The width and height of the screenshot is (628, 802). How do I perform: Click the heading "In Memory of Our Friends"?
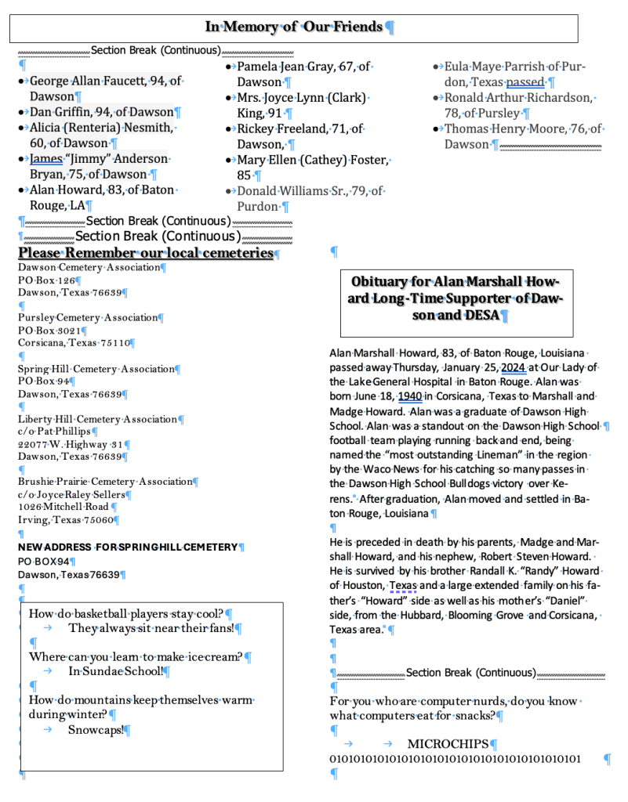295,27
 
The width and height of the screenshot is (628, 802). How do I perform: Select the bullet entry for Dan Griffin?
101,112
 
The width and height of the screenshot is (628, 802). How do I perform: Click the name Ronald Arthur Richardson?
517,98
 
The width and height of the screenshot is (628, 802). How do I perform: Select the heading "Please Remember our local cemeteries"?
146,254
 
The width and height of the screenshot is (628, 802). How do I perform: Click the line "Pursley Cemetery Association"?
88,318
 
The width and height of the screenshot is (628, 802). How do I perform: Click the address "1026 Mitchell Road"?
63,507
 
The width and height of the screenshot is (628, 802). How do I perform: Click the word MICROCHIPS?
448,743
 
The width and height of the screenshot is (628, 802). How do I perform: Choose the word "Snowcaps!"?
95,730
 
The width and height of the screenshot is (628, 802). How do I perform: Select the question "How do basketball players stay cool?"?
125,613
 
